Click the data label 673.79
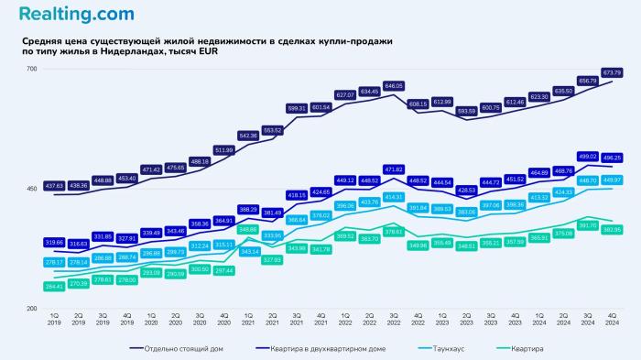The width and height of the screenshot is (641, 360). [612, 72]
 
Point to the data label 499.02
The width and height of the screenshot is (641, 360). [587, 156]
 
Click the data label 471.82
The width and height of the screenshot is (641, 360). [393, 169]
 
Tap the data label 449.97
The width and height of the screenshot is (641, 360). [612, 180]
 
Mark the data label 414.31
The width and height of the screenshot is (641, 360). [393, 197]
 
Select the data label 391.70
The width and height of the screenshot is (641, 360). [587, 224]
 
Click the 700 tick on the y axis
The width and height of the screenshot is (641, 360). [31, 70]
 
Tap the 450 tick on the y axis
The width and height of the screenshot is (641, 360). [31, 190]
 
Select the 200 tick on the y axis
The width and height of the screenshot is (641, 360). [31, 309]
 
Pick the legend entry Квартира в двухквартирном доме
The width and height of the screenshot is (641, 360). [330, 347]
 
